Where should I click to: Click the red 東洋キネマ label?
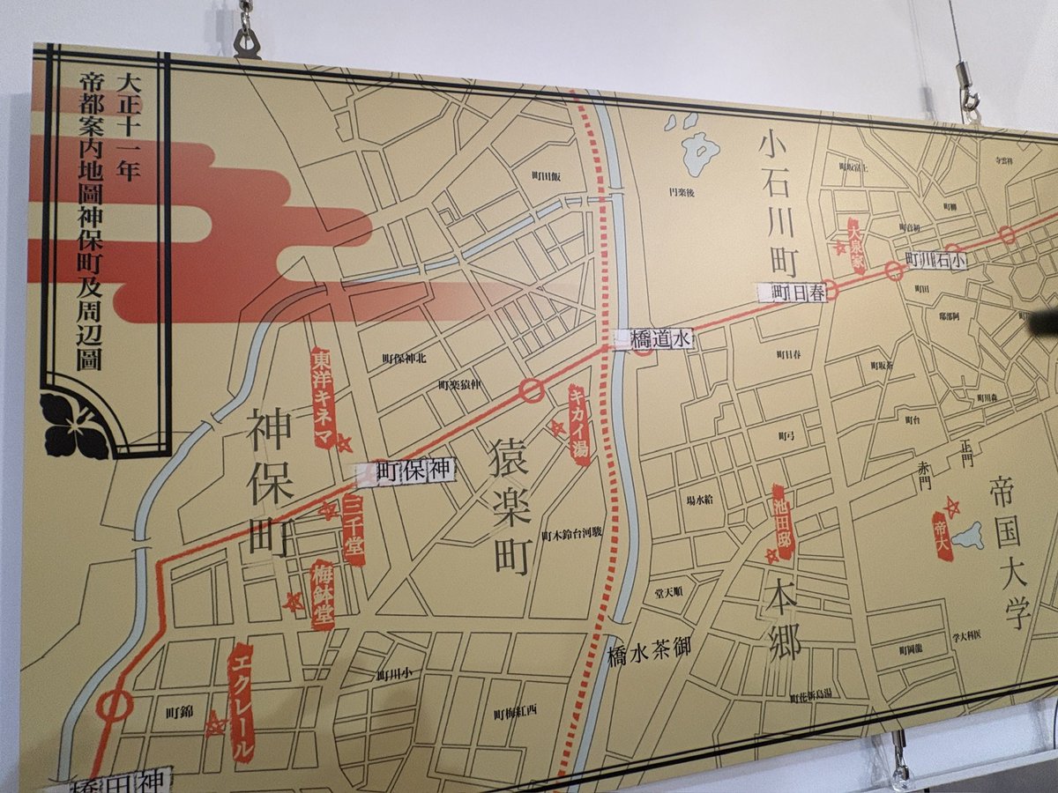tap(323, 396)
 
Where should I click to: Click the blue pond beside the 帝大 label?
tap(968, 534)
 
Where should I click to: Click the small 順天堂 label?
tap(667, 591)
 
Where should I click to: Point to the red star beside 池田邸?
tap(772, 555)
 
